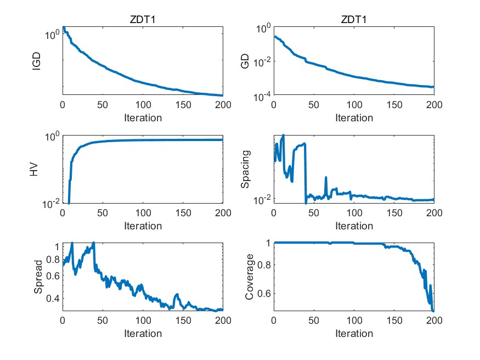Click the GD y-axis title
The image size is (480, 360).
[245, 61]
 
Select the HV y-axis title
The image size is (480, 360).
[34, 170]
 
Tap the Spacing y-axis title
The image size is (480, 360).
[246, 170]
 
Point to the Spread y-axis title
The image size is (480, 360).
[38, 277]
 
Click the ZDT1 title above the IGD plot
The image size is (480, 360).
[143, 20]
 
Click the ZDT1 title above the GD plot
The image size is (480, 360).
[354, 20]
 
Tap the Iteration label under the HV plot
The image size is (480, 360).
[143, 226]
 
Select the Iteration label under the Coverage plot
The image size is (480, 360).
[354, 333]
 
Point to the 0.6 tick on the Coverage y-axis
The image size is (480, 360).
[264, 293]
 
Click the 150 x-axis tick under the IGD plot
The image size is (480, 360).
[183, 104]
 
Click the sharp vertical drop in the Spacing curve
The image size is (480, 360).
[306, 176]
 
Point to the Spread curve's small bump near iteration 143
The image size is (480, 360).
[177, 296]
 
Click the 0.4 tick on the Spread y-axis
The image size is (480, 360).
[53, 299]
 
